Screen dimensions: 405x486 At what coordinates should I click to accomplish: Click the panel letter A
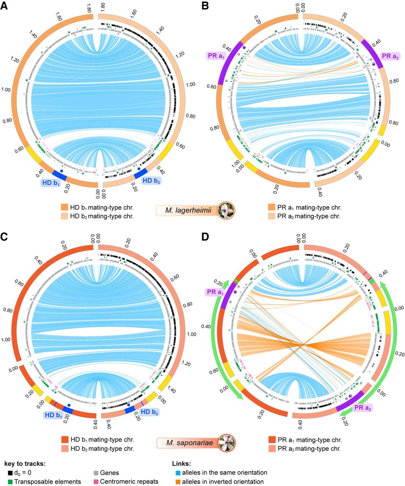tap(4, 6)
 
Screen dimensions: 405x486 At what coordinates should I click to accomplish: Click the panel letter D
tap(205, 237)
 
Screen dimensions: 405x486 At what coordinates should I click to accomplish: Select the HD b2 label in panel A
tap(151, 181)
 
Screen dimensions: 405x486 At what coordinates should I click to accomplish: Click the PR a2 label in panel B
tap(390, 56)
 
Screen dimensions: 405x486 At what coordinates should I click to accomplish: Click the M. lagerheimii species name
tap(188, 210)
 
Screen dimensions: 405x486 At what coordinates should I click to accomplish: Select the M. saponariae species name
tap(190, 442)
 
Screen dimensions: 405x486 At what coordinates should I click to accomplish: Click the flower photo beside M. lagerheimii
tap(226, 210)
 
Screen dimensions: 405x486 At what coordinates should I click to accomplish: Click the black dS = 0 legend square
tap(10, 472)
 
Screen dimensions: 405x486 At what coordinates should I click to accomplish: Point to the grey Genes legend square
tap(96, 473)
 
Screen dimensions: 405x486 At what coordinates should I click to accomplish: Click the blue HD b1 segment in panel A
tap(60, 175)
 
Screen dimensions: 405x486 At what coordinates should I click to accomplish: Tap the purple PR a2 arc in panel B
tap(372, 53)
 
